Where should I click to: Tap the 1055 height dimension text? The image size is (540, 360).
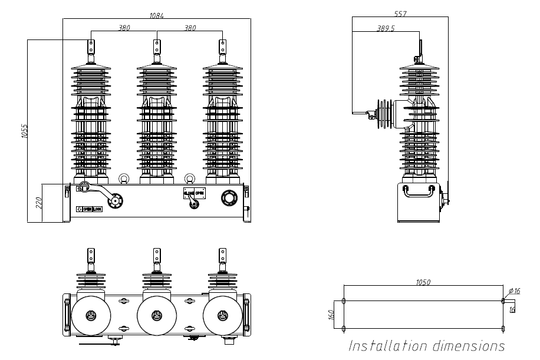[x=24, y=131]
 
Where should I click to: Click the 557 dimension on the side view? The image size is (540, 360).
[x=400, y=13]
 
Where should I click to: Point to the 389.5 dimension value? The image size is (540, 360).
[x=385, y=28]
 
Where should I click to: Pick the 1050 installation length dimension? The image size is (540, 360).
[x=423, y=282]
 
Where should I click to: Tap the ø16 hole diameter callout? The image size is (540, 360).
[x=514, y=291]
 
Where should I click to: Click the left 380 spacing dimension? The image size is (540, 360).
[x=124, y=27]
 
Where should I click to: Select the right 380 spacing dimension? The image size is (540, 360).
[x=190, y=27]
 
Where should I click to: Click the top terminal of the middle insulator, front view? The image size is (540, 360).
[x=157, y=46]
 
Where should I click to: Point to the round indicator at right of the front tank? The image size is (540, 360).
[x=228, y=198]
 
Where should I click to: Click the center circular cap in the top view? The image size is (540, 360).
[x=157, y=316]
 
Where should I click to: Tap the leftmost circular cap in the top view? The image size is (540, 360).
[x=90, y=316]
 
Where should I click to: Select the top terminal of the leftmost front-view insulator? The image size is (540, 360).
[x=91, y=46]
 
